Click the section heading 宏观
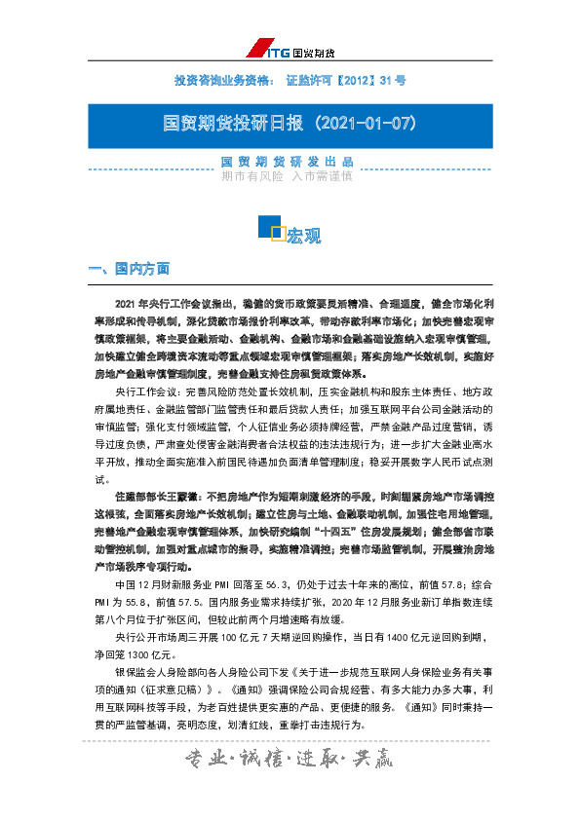tap(303, 236)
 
